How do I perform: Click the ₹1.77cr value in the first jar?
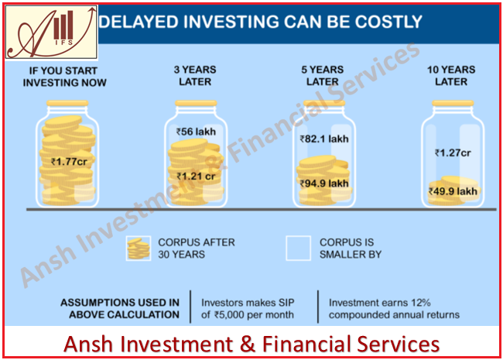69,161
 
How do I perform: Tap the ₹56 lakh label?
196,132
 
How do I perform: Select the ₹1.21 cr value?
196,177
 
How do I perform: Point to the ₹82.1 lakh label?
324,139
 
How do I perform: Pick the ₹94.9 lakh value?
324,183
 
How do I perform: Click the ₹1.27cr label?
453,153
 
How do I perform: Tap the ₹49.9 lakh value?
453,191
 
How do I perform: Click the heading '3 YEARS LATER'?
195,76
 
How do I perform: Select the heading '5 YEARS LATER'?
323,76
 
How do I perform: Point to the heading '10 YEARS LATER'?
451,76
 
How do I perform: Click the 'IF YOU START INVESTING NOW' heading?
64,77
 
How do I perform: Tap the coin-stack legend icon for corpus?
139,249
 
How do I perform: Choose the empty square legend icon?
299,249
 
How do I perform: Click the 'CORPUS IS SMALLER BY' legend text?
351,249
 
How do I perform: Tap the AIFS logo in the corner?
52,33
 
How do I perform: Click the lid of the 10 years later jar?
453,103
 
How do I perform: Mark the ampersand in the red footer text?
247,344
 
